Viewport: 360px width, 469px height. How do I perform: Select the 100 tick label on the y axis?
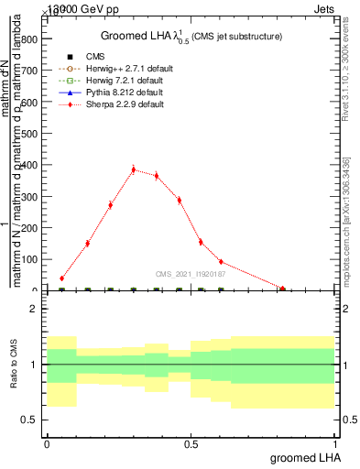click(x=29, y=260)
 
